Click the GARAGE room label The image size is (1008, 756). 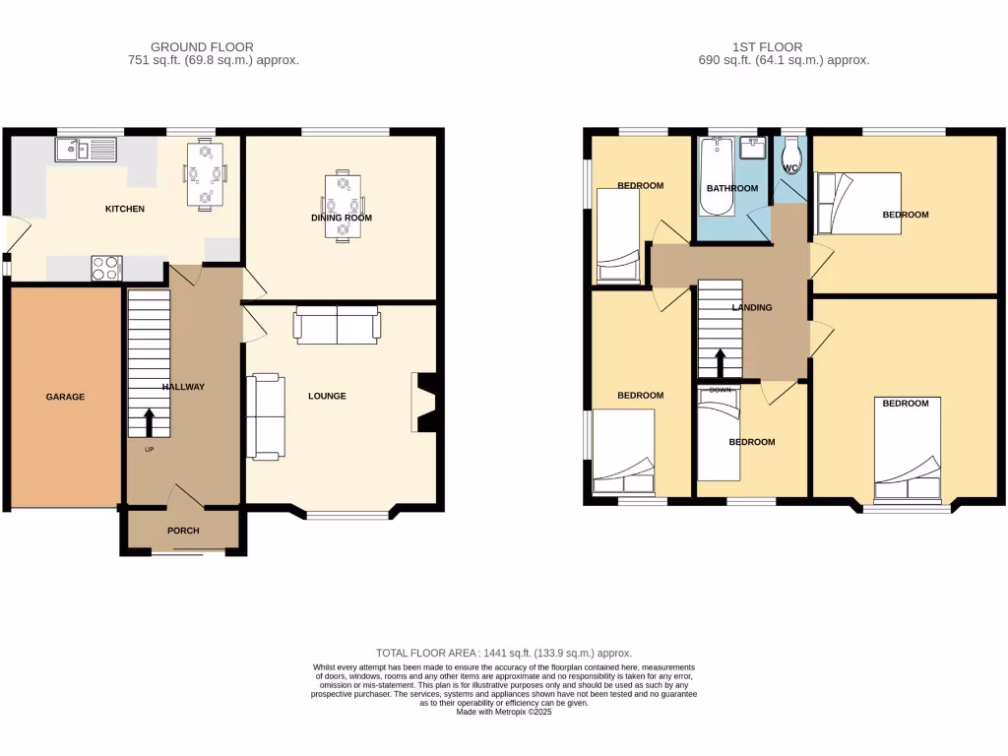[x=65, y=397]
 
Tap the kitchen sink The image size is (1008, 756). [x=86, y=150]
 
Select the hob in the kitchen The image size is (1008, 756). [x=106, y=268]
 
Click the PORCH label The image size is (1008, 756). [x=183, y=531]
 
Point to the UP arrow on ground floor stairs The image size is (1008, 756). [x=150, y=423]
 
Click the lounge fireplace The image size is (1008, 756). [x=424, y=402]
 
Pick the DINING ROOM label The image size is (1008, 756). [x=342, y=218]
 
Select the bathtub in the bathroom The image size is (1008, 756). [x=715, y=177]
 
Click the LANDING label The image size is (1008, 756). [x=752, y=307]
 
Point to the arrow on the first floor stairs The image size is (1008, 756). [x=720, y=363]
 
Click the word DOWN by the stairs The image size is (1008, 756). [x=721, y=389]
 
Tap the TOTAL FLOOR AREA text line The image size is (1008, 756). [x=503, y=653]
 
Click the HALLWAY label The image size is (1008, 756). [x=183, y=387]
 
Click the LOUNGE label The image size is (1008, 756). [x=327, y=396]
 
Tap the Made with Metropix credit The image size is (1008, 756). [x=503, y=712]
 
